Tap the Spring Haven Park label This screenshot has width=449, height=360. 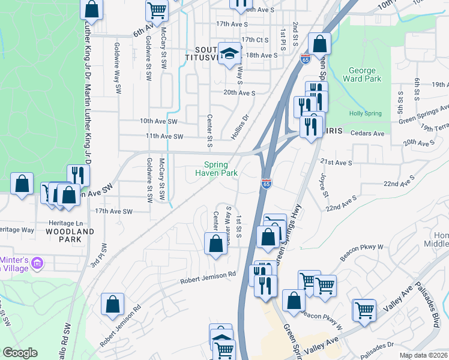pos(216,169)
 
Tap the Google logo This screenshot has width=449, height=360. pos(20,353)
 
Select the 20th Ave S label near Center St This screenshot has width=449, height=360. pos(239,93)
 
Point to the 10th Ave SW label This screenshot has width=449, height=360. pos(159,121)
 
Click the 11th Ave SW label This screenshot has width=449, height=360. pos(163,136)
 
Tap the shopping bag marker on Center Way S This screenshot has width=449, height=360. pos(215,244)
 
